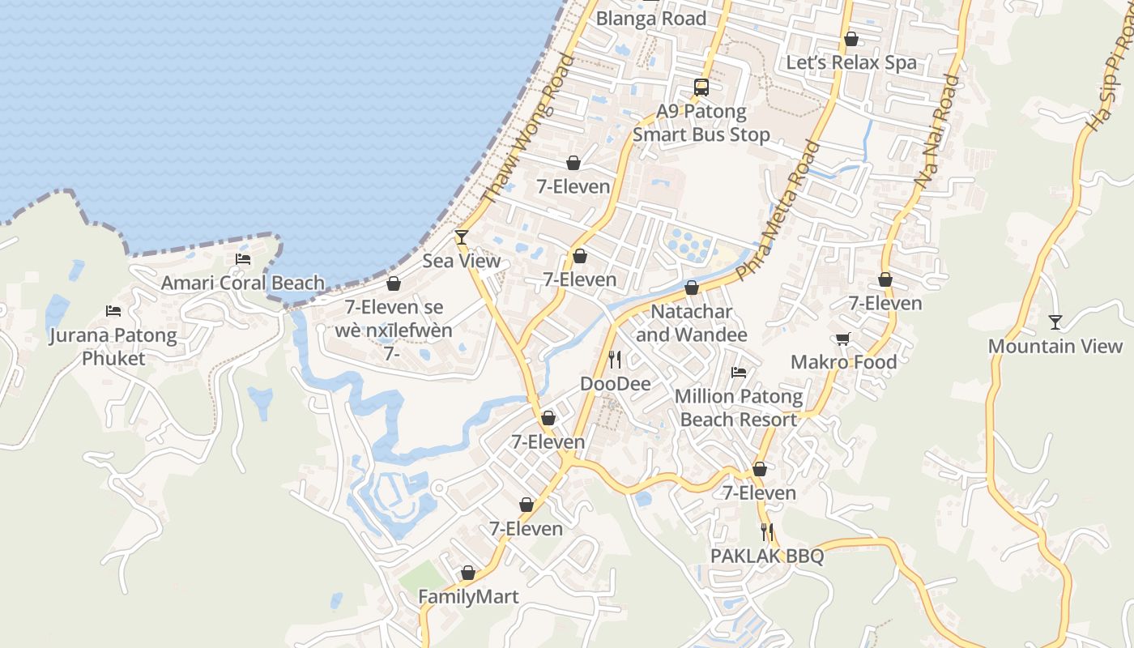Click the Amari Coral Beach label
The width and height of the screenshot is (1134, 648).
242,283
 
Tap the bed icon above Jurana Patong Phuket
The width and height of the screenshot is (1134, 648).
113,311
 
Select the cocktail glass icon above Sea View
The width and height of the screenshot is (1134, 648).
462,237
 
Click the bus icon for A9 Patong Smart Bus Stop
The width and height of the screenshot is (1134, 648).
701,87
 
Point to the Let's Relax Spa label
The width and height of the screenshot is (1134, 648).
851,62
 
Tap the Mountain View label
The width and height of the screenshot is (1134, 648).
1055,347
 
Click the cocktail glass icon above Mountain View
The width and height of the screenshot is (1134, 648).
1055,322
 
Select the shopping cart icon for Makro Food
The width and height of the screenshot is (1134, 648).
843,339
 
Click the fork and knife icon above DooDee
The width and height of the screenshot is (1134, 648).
616,360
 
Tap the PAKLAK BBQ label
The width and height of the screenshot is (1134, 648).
766,556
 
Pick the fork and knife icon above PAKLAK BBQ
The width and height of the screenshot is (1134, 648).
767,532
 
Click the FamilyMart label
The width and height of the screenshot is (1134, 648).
468,597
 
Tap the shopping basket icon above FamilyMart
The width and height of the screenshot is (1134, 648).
468,573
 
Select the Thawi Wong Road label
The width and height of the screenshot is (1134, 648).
527,130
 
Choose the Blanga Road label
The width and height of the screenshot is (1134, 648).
651,19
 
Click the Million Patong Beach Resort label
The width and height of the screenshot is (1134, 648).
739,408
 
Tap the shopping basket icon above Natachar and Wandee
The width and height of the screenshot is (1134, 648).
692,288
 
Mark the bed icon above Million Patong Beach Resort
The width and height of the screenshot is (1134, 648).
739,373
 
